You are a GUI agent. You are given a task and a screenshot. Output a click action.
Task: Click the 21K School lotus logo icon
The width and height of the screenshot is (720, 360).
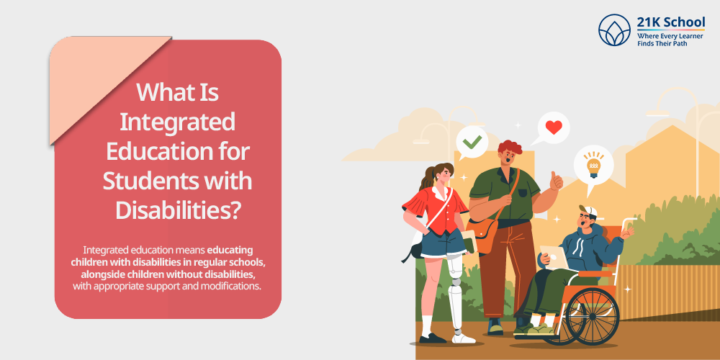(614, 30)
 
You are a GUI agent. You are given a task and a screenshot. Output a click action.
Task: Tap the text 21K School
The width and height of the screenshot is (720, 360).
(671, 22)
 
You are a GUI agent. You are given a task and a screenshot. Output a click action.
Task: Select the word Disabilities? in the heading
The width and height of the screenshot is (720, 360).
(178, 210)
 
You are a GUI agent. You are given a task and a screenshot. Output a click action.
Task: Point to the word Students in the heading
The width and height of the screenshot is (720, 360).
(146, 181)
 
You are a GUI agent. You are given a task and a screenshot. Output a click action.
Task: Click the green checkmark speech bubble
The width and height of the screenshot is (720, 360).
(472, 143)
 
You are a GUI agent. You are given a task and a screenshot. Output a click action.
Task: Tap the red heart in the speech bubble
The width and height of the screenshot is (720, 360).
(553, 127)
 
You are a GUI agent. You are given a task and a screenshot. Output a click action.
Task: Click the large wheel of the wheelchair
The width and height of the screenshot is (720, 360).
(592, 316)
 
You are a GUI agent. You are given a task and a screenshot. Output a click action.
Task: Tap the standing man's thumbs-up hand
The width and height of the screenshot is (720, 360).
(556, 181)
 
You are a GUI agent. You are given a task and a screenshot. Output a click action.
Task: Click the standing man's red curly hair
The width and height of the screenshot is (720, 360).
(510, 147)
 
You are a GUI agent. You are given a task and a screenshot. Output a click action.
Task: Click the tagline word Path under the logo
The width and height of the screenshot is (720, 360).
(680, 44)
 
